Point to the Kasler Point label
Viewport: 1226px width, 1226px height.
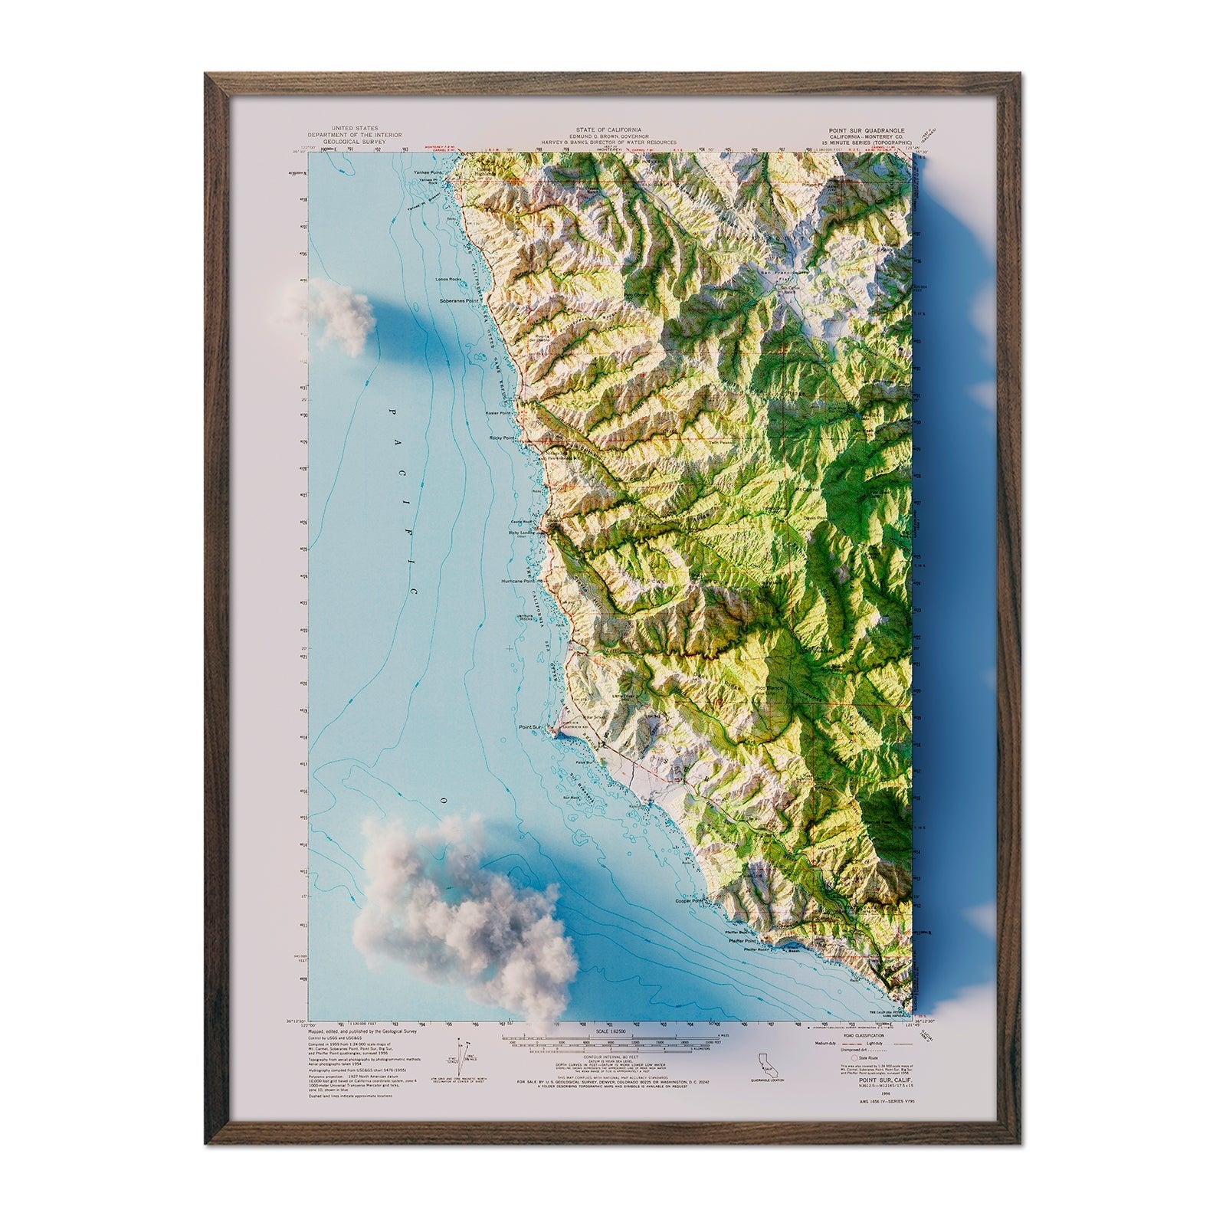coord(499,413)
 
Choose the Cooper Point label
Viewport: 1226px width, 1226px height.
coord(688,901)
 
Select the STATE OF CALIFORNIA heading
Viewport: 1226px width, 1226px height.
coord(609,130)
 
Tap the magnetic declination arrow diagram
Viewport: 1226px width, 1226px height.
coord(461,1054)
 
